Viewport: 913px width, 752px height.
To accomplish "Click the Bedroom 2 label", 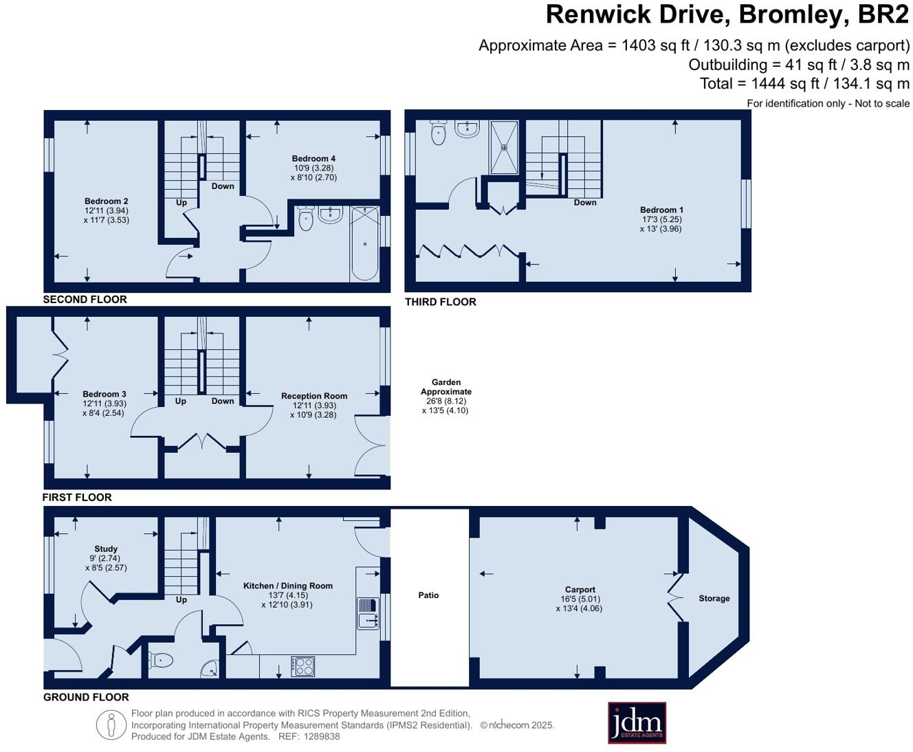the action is click(107, 201).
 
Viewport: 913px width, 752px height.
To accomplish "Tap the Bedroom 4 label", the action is click(313, 159).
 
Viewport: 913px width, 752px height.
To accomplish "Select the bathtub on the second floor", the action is click(364, 243).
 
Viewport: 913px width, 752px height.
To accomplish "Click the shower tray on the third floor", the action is click(504, 147).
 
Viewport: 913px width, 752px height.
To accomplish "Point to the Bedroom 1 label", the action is click(661, 210).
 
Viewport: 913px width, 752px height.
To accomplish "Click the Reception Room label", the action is click(314, 396).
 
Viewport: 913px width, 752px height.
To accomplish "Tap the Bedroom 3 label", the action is click(104, 394).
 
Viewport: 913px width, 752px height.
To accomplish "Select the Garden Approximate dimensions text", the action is click(445, 406).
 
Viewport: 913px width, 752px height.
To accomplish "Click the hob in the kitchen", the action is click(302, 666).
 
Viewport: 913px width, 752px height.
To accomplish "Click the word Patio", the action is click(428, 595).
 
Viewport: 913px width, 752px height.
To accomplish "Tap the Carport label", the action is click(580, 589).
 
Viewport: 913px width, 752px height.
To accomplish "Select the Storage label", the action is click(714, 598).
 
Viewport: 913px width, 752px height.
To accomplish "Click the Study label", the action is click(106, 549).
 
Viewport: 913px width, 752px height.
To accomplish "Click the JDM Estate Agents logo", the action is click(637, 722).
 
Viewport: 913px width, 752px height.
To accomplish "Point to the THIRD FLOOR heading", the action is click(440, 302).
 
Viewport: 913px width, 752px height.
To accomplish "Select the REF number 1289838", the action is click(321, 736).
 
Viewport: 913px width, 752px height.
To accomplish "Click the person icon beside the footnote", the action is click(111, 725).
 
